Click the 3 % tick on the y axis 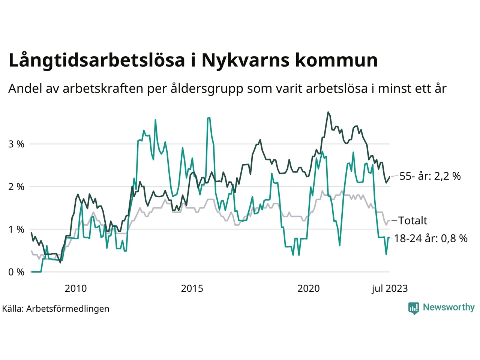tap(16, 144)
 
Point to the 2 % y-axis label tap(16, 187)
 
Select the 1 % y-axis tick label tap(16, 229)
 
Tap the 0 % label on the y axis tap(16, 272)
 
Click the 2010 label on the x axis tap(75, 288)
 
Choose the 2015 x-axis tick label tap(192, 288)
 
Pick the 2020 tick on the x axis tap(309, 288)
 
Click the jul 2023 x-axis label tap(390, 288)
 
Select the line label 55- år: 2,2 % tap(430, 176)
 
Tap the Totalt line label tap(412, 220)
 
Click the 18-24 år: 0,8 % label tap(430, 238)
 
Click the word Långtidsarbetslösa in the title tap(97, 60)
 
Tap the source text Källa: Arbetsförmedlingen tap(56, 309)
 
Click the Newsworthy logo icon tap(413, 308)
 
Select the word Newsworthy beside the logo tap(448, 307)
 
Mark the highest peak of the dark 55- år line tap(328, 112)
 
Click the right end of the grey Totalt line tap(389, 221)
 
